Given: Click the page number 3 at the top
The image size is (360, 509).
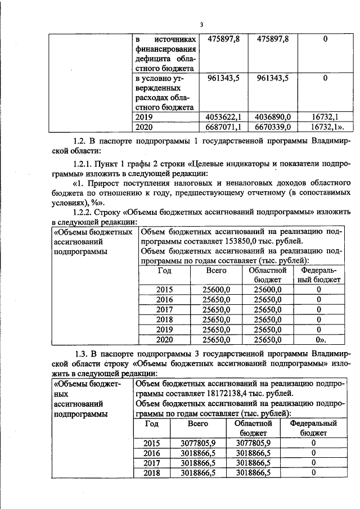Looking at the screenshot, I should [201, 24].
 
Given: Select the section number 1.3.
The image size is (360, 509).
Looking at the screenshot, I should [82, 353].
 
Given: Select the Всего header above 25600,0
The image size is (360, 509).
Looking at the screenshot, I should [216, 270].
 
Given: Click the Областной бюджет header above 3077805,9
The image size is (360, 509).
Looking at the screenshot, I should [253, 428].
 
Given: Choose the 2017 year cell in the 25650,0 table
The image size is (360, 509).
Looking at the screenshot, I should [164, 309].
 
